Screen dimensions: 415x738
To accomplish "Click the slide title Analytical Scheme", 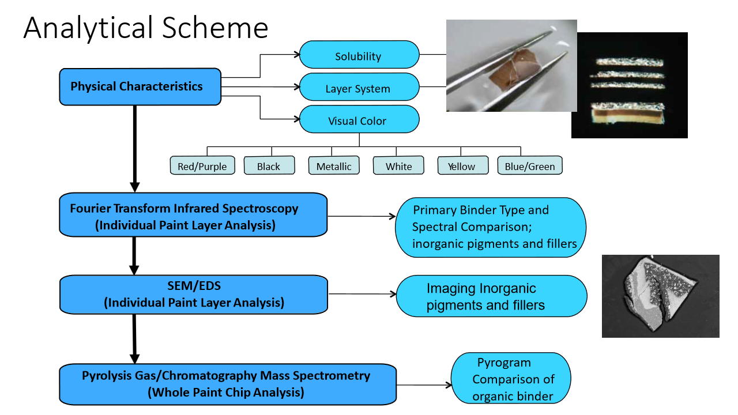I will [x=146, y=28].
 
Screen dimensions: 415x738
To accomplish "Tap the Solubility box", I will [x=358, y=56].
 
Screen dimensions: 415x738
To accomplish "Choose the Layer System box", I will [x=358, y=89].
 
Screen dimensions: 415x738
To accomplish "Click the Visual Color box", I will [x=358, y=121].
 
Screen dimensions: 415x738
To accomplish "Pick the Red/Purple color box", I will [x=202, y=166].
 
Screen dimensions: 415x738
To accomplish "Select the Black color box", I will [x=269, y=166].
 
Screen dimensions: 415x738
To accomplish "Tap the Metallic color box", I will [x=334, y=166].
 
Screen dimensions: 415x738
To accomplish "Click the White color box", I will [x=399, y=166].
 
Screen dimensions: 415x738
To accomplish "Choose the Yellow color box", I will [x=461, y=166].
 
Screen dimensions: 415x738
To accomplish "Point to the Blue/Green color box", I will [x=529, y=166].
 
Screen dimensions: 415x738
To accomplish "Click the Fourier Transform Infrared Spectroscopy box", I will [x=193, y=216].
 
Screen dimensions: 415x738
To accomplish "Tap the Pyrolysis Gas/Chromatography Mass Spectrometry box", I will [x=227, y=384].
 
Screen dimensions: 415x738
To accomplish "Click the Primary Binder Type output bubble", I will [x=490, y=227].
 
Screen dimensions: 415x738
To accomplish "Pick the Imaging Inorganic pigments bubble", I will [x=491, y=296].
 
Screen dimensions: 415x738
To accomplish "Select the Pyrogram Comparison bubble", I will [x=511, y=379].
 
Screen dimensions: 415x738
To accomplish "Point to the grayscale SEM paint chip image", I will [x=660, y=296].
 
